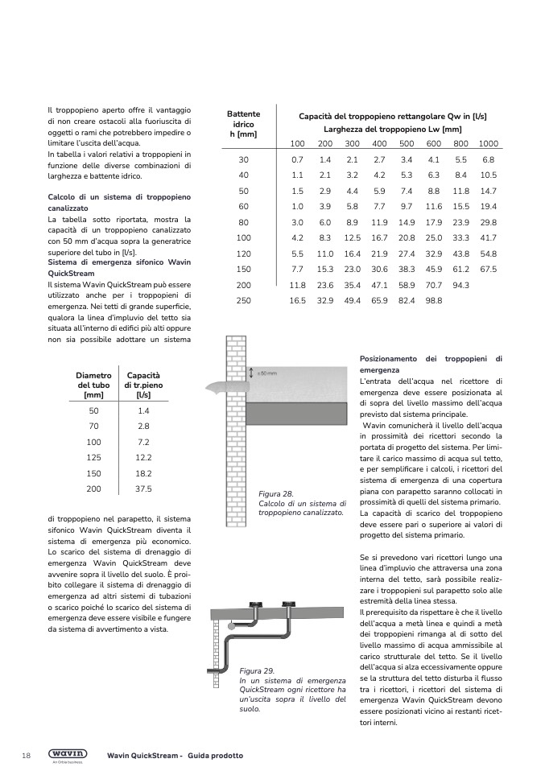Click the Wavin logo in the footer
click(68, 754)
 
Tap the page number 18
click(27, 756)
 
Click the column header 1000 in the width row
click(488, 143)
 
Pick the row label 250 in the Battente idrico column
click(243, 300)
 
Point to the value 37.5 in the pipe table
click(144, 489)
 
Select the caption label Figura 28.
click(275, 493)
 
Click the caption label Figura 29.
click(257, 670)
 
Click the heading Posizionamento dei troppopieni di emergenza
click(430, 364)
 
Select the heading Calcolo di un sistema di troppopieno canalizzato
click(119, 201)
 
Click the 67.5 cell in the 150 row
click(488, 269)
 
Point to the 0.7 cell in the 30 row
click(297, 159)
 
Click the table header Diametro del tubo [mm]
click(93, 385)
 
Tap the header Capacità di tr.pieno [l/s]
click(143, 385)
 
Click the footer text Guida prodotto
click(216, 756)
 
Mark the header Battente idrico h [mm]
click(243, 125)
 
